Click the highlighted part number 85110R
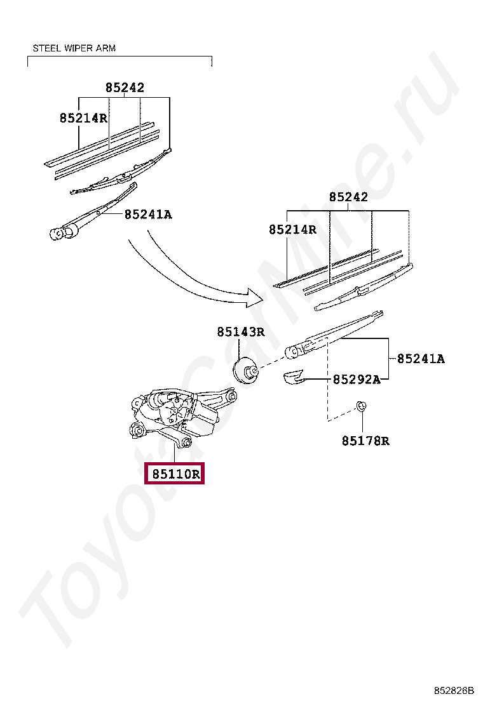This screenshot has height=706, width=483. [x=175, y=474]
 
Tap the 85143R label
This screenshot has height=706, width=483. [x=240, y=331]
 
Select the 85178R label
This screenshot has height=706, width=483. [x=365, y=441]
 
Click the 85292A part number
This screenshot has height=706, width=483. [x=357, y=380]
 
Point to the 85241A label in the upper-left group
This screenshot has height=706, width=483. [x=148, y=215]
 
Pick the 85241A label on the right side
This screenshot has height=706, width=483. [x=421, y=359]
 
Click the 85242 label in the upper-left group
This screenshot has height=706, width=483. [x=125, y=88]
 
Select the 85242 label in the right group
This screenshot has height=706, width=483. [x=348, y=197]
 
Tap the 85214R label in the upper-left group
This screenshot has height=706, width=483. [x=83, y=117]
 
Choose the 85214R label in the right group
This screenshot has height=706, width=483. [x=292, y=230]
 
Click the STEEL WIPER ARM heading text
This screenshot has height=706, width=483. [x=74, y=48]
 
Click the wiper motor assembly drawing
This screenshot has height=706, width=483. [x=178, y=413]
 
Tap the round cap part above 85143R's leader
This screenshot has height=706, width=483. [x=245, y=371]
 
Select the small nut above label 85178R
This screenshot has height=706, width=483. [x=360, y=406]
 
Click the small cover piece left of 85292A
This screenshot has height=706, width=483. [x=293, y=378]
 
